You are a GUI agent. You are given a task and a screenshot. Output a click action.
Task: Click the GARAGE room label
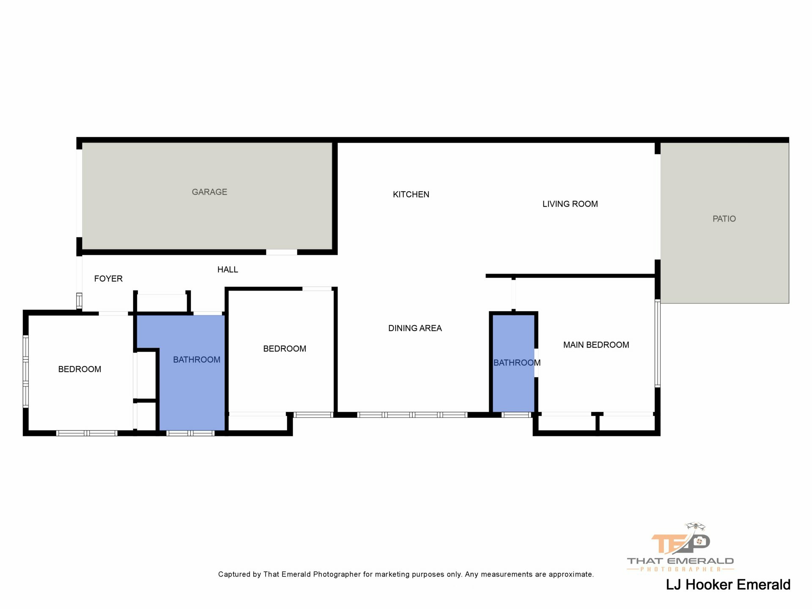pos(209,192)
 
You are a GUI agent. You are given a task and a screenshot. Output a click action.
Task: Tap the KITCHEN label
pos(411,195)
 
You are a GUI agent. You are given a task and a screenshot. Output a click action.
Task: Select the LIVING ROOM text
pos(570,204)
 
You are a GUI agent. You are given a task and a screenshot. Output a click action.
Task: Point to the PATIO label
pos(724,219)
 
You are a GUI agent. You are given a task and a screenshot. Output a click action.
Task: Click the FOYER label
pos(108,279)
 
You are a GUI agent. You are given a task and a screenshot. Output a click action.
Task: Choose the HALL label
pos(228,269)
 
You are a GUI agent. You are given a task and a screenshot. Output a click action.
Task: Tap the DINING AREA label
pos(415,328)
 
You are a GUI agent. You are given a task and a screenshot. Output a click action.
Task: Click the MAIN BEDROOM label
pos(596,345)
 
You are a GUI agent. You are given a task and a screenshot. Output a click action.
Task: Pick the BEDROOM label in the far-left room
pos(80,369)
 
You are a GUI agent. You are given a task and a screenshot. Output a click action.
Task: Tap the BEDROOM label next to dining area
pos(285,349)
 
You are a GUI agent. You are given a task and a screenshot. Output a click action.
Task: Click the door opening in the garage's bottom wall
pos(282,252)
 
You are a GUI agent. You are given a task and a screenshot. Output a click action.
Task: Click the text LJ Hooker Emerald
pos(728,584)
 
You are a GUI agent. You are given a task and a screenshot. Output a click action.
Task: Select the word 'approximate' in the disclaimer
pos(571,574)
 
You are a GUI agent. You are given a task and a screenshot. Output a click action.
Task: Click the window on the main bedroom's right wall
pos(658,343)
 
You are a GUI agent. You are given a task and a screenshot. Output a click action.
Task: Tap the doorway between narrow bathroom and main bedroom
pos(536,362)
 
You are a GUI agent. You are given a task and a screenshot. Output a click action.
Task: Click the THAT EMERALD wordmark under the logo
pos(680,561)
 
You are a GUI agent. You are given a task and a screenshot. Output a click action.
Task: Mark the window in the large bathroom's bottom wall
pos(190,433)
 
